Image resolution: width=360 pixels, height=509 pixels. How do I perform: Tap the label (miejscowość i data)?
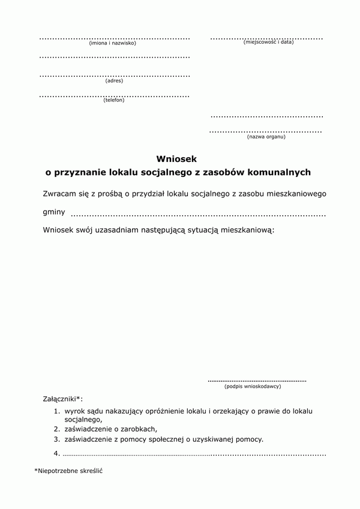point(268,43)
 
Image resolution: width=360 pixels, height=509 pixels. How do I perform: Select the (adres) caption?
point(114,81)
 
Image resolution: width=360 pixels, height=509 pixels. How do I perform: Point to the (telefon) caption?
point(114,100)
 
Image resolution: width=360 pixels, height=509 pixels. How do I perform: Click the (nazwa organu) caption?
point(266,137)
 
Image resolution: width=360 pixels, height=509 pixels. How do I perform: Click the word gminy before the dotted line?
point(54,212)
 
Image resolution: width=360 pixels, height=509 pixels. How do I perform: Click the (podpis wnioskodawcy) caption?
point(253,386)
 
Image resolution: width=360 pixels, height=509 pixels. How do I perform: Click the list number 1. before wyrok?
point(56,411)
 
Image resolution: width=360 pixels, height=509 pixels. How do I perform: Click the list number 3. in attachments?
point(56,439)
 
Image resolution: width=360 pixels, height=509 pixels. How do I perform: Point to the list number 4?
point(56,453)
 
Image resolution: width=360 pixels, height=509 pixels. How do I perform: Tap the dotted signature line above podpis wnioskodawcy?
point(257,380)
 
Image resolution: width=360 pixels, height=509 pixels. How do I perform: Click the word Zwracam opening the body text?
point(61,194)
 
